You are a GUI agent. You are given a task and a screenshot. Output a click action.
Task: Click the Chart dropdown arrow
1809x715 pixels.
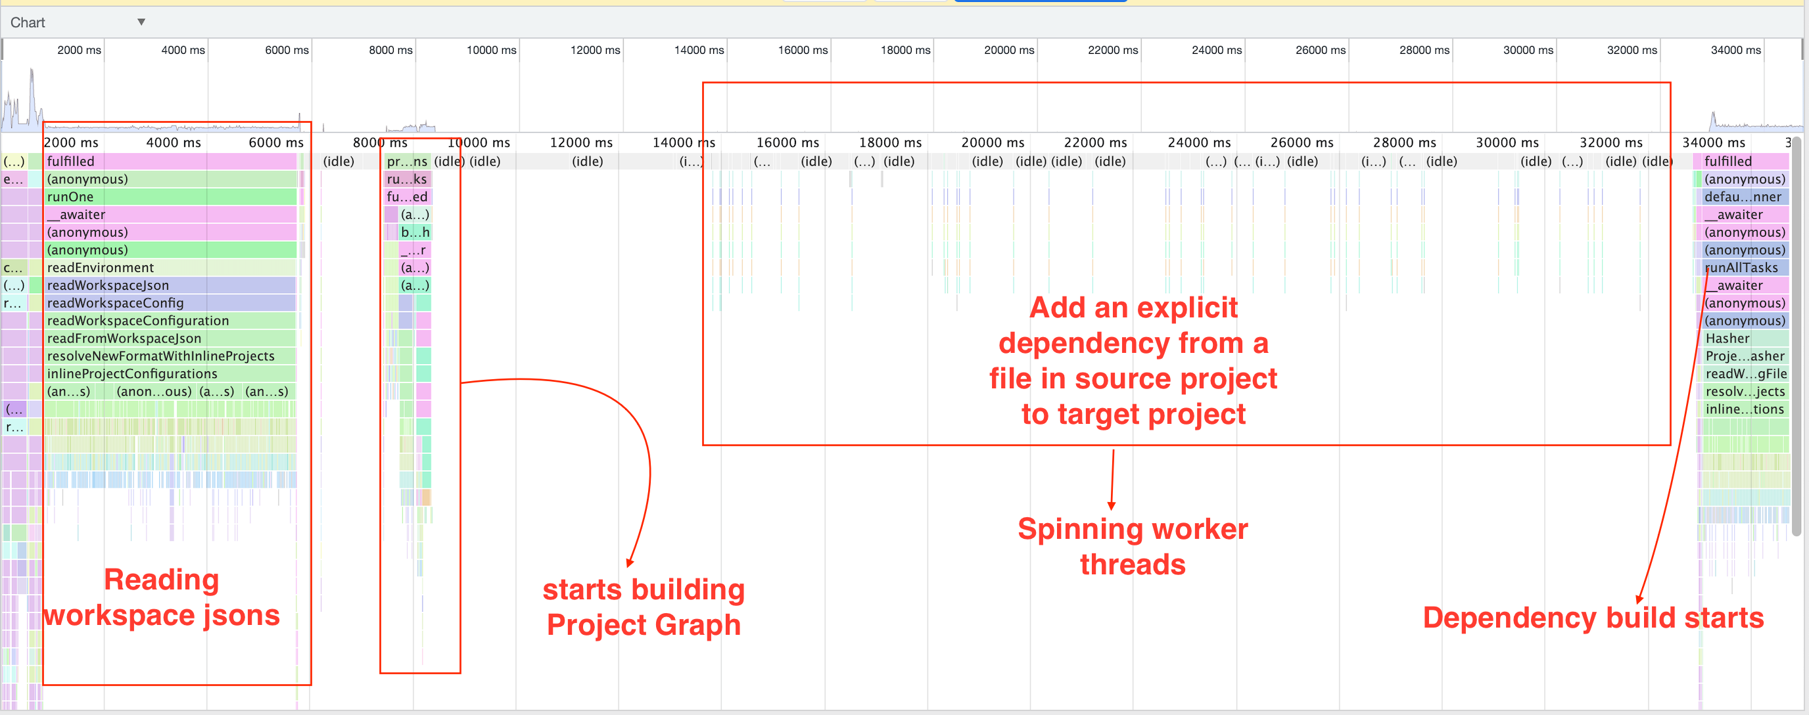coord(141,22)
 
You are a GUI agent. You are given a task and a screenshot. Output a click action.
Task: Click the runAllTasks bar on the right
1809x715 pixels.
coord(1741,267)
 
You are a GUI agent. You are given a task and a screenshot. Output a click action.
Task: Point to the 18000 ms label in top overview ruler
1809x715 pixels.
coord(905,50)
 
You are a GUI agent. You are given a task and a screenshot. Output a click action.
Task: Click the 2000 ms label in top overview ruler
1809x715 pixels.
coord(79,50)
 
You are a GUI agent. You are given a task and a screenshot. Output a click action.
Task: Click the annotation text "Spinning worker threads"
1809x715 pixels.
coord(1132,546)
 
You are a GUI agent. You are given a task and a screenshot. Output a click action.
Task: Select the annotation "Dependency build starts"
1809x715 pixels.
coord(1593,618)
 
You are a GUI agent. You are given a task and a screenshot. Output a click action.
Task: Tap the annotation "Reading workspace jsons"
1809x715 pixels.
coord(162,597)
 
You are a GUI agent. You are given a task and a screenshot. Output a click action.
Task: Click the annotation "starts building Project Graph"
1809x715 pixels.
coord(644,607)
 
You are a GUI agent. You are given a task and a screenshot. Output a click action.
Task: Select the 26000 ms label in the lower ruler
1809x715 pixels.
coord(1302,143)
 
